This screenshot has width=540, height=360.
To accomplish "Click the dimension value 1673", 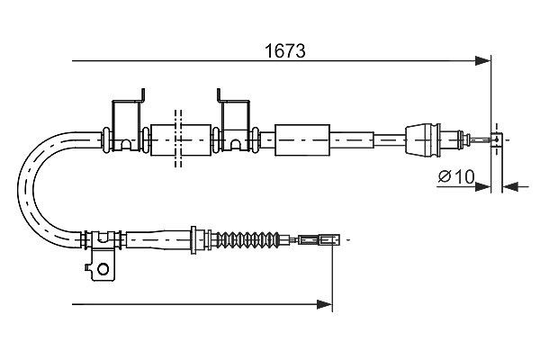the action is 284,51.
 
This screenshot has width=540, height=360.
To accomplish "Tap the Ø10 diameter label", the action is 456,176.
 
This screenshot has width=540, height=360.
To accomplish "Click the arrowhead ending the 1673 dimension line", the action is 482,61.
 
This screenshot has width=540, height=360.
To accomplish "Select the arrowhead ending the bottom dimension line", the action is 324,304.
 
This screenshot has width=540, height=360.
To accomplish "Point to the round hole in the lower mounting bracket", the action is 103,269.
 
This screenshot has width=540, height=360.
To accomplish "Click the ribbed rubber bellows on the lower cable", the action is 249,239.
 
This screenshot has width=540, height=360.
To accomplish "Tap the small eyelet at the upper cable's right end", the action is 497,139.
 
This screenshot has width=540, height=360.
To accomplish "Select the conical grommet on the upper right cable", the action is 423,139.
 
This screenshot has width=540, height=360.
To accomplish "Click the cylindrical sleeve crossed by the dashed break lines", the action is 181,139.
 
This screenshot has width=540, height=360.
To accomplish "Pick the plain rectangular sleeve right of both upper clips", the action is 302,139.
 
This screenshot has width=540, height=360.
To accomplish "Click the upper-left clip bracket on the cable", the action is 127,124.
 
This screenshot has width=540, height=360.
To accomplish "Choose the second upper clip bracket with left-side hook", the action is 235,124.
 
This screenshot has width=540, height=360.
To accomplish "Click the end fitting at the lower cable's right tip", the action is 319,239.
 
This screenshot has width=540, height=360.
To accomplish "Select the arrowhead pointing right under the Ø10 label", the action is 482,187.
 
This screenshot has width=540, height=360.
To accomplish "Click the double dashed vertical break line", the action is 178,139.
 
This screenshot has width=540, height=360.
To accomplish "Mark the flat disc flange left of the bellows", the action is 193,240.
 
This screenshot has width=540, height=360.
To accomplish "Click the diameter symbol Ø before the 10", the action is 445,176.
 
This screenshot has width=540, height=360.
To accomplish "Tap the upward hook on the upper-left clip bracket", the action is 142,94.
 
